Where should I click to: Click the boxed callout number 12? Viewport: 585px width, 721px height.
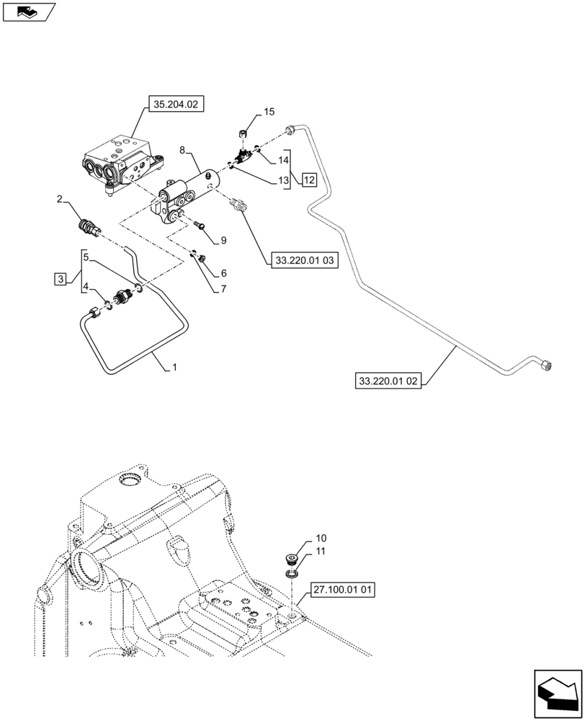tap(308, 180)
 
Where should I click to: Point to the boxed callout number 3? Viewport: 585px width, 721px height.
tap(61, 278)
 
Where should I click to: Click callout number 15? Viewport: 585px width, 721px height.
tap(269, 112)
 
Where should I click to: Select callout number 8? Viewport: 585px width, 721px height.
tap(182, 150)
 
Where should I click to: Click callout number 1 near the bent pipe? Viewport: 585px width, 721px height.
tap(173, 368)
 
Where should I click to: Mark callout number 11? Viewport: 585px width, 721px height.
tap(320, 552)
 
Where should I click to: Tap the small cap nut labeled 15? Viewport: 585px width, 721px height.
tap(244, 132)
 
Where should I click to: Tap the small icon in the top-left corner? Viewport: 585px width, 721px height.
tap(29, 12)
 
